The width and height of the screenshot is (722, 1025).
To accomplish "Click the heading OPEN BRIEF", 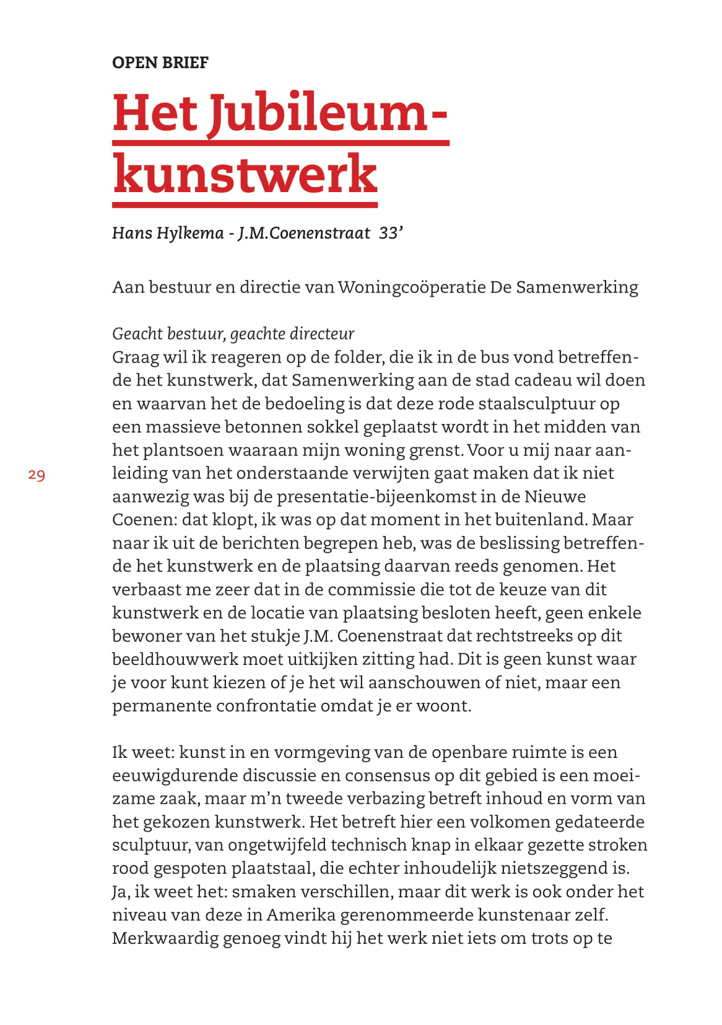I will pos(160,63).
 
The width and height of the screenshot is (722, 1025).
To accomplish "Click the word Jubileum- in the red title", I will pos(327,113).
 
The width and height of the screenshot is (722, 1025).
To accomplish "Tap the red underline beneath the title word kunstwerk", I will pos(245,205).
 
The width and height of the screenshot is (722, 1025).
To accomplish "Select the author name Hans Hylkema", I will pos(168,233).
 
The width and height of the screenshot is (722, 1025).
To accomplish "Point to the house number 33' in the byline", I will pos(391,233).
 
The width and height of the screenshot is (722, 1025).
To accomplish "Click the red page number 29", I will pos(37,475).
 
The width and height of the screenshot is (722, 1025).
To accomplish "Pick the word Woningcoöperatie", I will pos(411,288).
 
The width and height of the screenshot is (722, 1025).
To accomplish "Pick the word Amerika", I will pos(302,915).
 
